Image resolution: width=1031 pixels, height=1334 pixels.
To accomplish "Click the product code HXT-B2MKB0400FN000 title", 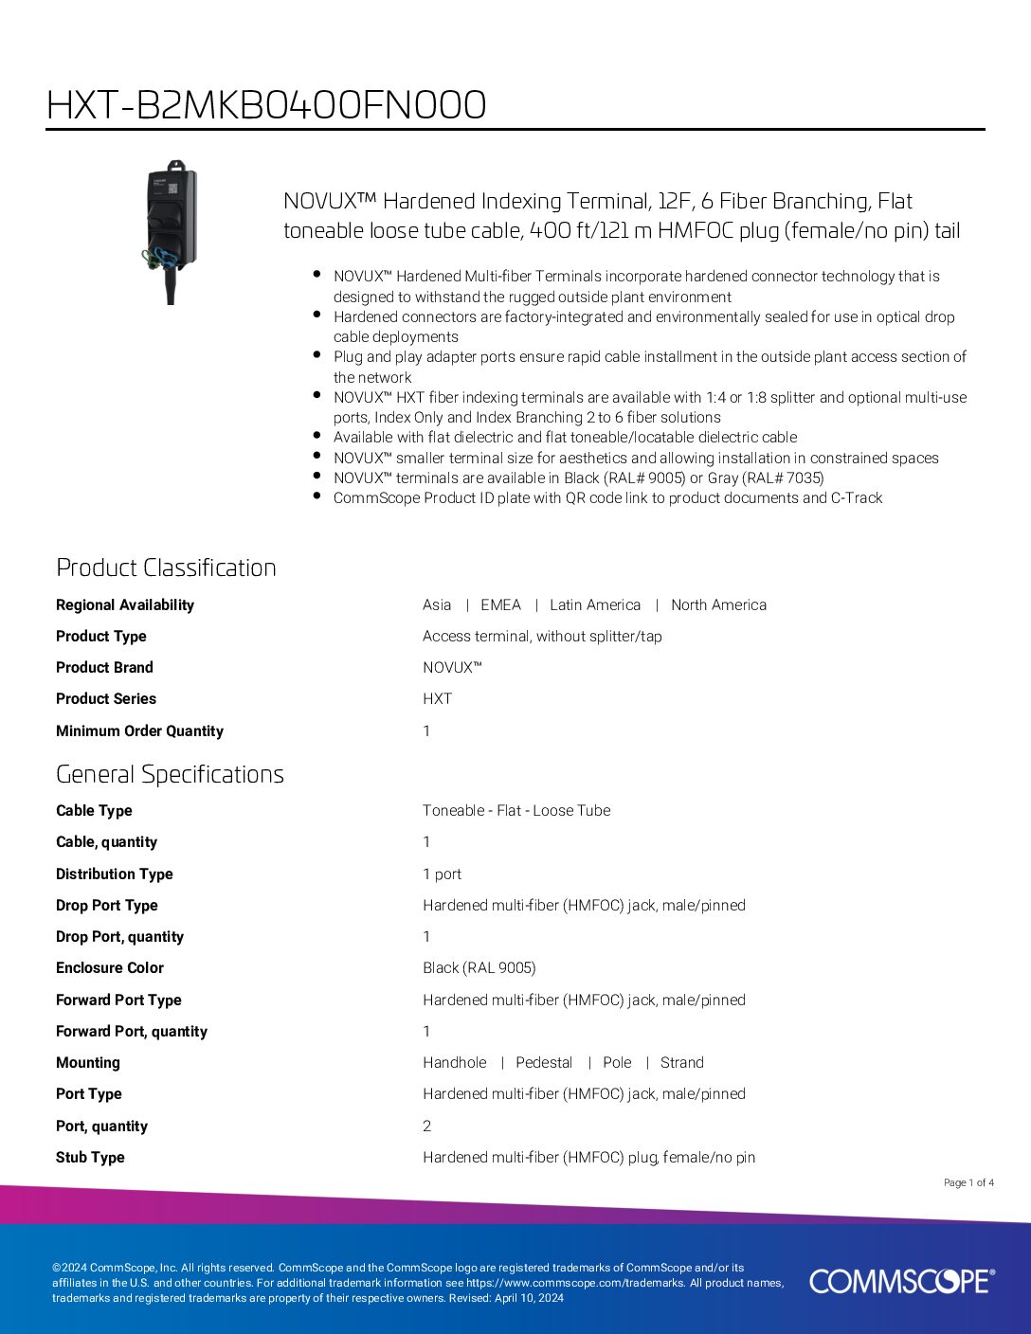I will tap(266, 105).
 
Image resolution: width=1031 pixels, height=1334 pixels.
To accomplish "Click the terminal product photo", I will tap(172, 230).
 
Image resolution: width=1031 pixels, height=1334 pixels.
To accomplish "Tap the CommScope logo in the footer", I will tap(901, 1281).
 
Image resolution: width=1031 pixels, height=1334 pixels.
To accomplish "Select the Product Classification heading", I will tap(166, 568).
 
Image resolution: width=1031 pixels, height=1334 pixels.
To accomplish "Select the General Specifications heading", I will tap(170, 774).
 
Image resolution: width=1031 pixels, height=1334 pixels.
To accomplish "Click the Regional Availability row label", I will tap(125, 605).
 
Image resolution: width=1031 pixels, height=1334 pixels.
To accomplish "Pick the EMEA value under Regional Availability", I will tap(500, 605).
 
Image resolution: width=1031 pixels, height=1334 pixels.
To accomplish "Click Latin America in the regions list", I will tap(595, 605).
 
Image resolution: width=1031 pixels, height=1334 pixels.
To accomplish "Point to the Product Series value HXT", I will tap(437, 699).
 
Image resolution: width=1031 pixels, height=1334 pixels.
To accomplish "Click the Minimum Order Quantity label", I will tap(139, 731).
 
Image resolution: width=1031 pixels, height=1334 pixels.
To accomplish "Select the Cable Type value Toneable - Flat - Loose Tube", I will tap(516, 811).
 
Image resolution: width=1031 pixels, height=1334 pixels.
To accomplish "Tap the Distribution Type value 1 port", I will tap(442, 874).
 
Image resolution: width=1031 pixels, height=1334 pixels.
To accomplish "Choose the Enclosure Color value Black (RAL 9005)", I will tap(479, 968).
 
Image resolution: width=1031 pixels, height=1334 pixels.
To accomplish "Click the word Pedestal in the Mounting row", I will tap(544, 1063).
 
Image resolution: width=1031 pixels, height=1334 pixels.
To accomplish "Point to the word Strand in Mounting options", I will tap(682, 1063).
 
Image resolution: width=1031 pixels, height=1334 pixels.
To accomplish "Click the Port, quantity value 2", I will tap(426, 1127).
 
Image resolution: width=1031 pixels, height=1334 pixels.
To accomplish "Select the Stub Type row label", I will tap(90, 1158).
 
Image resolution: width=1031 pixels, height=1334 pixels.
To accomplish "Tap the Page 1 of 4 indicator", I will tap(968, 1182).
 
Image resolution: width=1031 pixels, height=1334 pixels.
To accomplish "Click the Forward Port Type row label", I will tap(118, 1000).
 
